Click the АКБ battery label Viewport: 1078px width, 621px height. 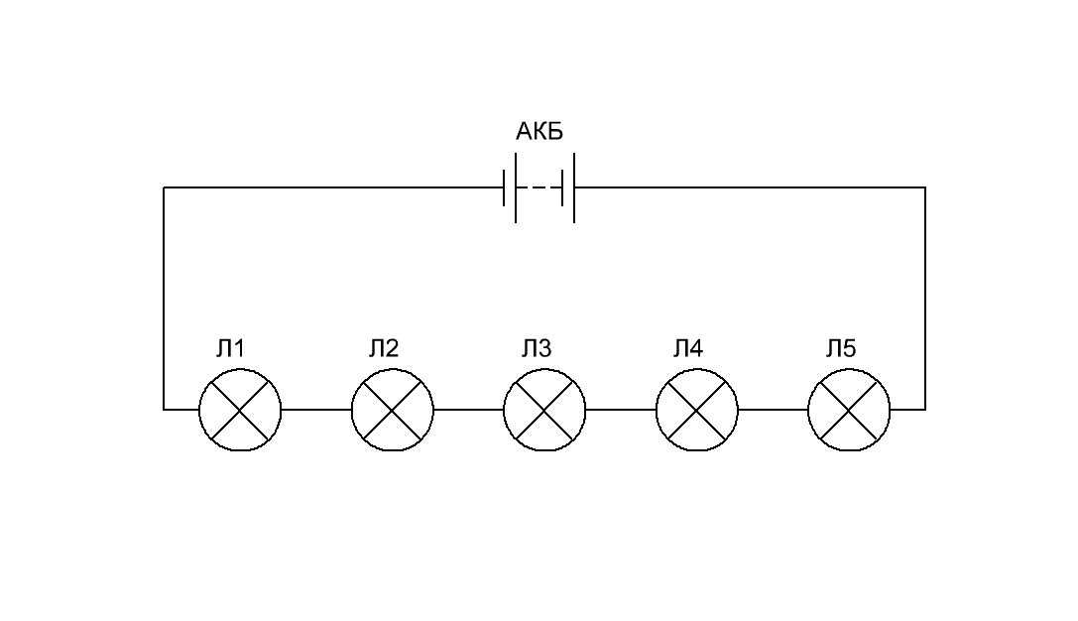[539, 131]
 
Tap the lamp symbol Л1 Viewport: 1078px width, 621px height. [240, 410]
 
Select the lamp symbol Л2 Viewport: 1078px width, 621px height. [393, 410]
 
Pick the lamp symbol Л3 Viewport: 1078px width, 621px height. [544, 410]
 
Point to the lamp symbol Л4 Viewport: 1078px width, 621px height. [697, 410]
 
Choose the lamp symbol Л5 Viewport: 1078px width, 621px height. [849, 410]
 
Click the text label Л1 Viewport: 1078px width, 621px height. [230, 348]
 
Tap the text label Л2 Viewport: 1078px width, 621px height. [383, 348]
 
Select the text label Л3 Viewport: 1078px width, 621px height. [536, 348]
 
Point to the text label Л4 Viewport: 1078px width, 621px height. [688, 348]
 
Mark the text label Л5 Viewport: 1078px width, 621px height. [841, 348]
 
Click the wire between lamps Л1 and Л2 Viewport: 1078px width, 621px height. [316, 410]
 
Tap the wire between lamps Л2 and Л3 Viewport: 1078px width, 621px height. [469, 410]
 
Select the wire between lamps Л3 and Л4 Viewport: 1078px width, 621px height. [621, 410]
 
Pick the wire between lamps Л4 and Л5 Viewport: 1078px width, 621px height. [774, 410]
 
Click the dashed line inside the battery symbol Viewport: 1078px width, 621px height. [539, 187]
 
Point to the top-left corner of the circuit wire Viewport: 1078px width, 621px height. [164, 187]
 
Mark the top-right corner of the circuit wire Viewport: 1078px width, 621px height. [925, 187]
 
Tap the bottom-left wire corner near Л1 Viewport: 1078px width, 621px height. [164, 410]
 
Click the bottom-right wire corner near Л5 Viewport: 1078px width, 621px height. [925, 410]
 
